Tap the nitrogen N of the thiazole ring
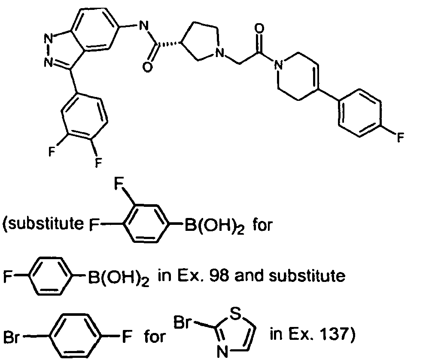(x=223, y=352)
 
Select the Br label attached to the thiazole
(x=183, y=322)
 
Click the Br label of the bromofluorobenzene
(x=12, y=337)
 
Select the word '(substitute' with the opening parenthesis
(x=43, y=224)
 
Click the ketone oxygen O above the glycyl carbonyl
(x=259, y=28)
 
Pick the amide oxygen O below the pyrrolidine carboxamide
(x=148, y=67)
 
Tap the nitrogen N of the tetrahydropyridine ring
(x=278, y=65)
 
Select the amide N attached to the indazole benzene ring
(x=143, y=26)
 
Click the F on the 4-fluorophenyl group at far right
(x=401, y=137)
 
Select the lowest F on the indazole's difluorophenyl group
(x=98, y=163)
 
